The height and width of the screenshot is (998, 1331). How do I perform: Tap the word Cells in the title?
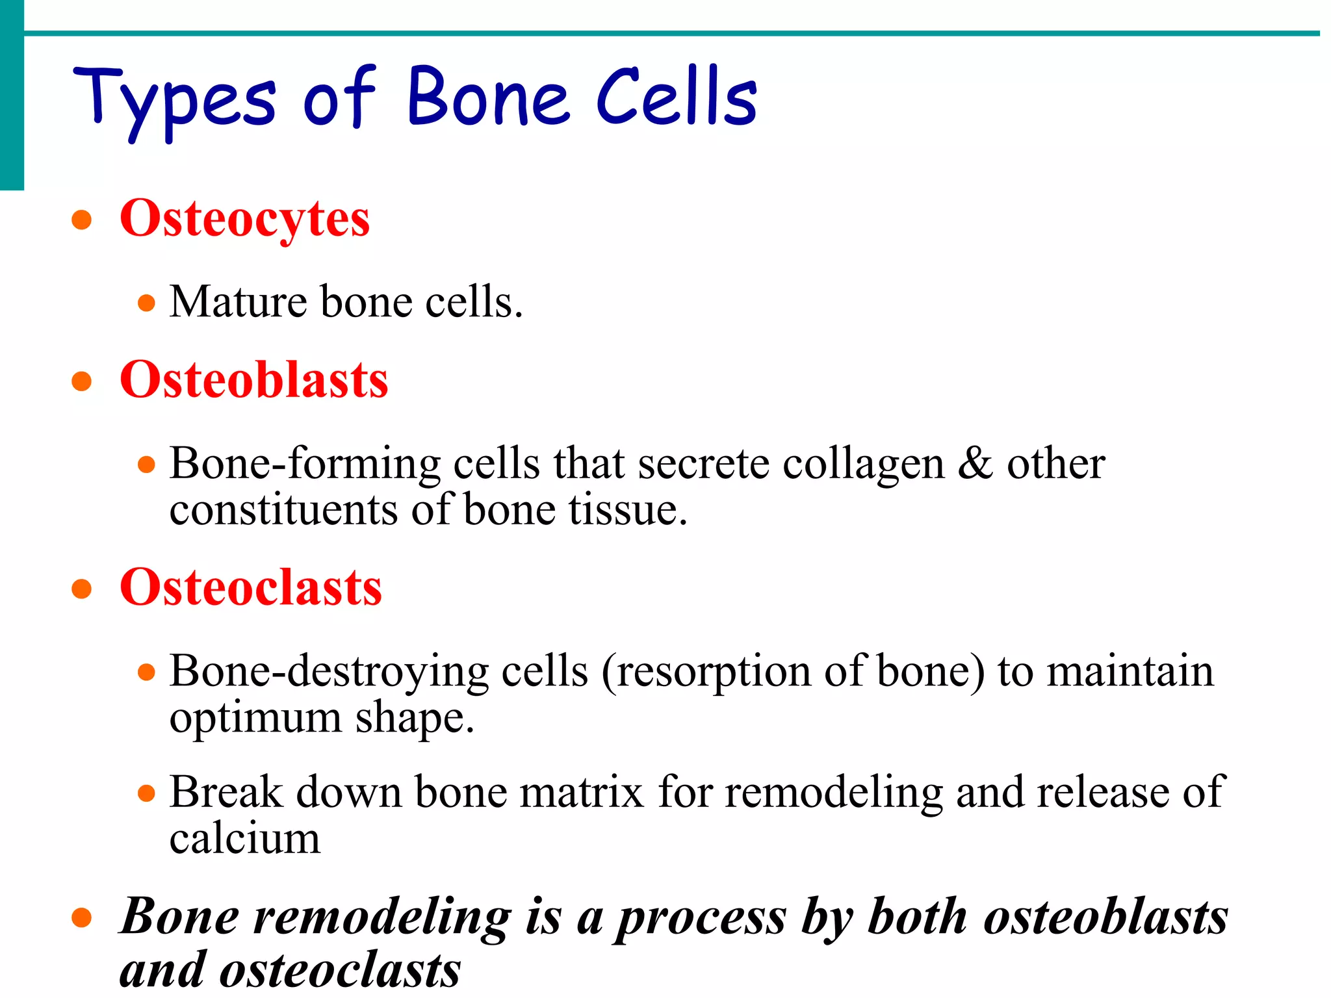point(676,97)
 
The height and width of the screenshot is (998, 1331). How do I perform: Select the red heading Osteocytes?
point(244,219)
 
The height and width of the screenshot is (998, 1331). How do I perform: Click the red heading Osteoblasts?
point(253,380)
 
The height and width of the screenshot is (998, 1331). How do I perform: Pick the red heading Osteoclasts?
point(250,587)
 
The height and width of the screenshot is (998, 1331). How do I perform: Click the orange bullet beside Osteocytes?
point(81,220)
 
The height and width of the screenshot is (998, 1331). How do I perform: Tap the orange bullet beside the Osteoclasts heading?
point(81,589)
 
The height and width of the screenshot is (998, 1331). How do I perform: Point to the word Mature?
point(238,303)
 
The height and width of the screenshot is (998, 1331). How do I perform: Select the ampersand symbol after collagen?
point(975,464)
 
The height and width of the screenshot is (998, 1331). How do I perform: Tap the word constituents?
point(283,511)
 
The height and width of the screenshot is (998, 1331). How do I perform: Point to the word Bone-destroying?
point(328,672)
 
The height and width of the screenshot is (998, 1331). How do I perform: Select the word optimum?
point(255,719)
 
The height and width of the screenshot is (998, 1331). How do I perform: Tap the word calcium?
point(244,839)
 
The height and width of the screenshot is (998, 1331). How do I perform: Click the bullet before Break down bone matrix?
point(147,793)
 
